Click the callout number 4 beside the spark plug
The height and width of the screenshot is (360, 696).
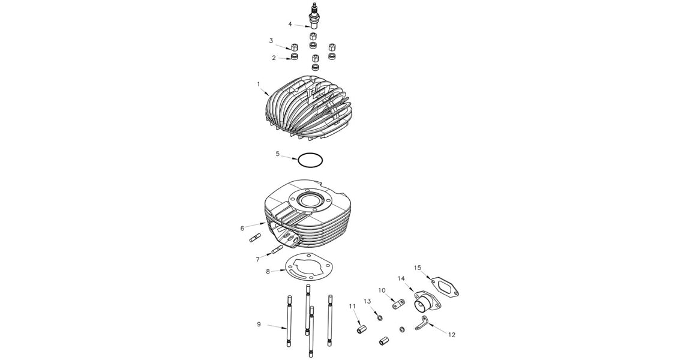[290, 25]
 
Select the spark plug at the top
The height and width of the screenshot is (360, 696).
[313, 16]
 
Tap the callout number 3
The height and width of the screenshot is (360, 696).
[271, 41]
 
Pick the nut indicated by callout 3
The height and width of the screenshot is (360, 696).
[294, 47]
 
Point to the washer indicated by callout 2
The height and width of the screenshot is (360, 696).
[294, 57]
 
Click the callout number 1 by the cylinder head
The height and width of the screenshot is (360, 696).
[259, 85]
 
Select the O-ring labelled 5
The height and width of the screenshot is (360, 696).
[310, 161]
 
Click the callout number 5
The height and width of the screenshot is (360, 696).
[278, 154]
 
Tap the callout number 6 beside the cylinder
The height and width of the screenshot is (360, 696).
[242, 228]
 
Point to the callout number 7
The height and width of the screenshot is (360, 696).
[258, 259]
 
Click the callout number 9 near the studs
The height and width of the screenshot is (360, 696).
[259, 325]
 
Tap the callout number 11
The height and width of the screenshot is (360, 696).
[352, 307]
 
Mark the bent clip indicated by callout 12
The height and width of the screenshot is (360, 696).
[424, 323]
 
